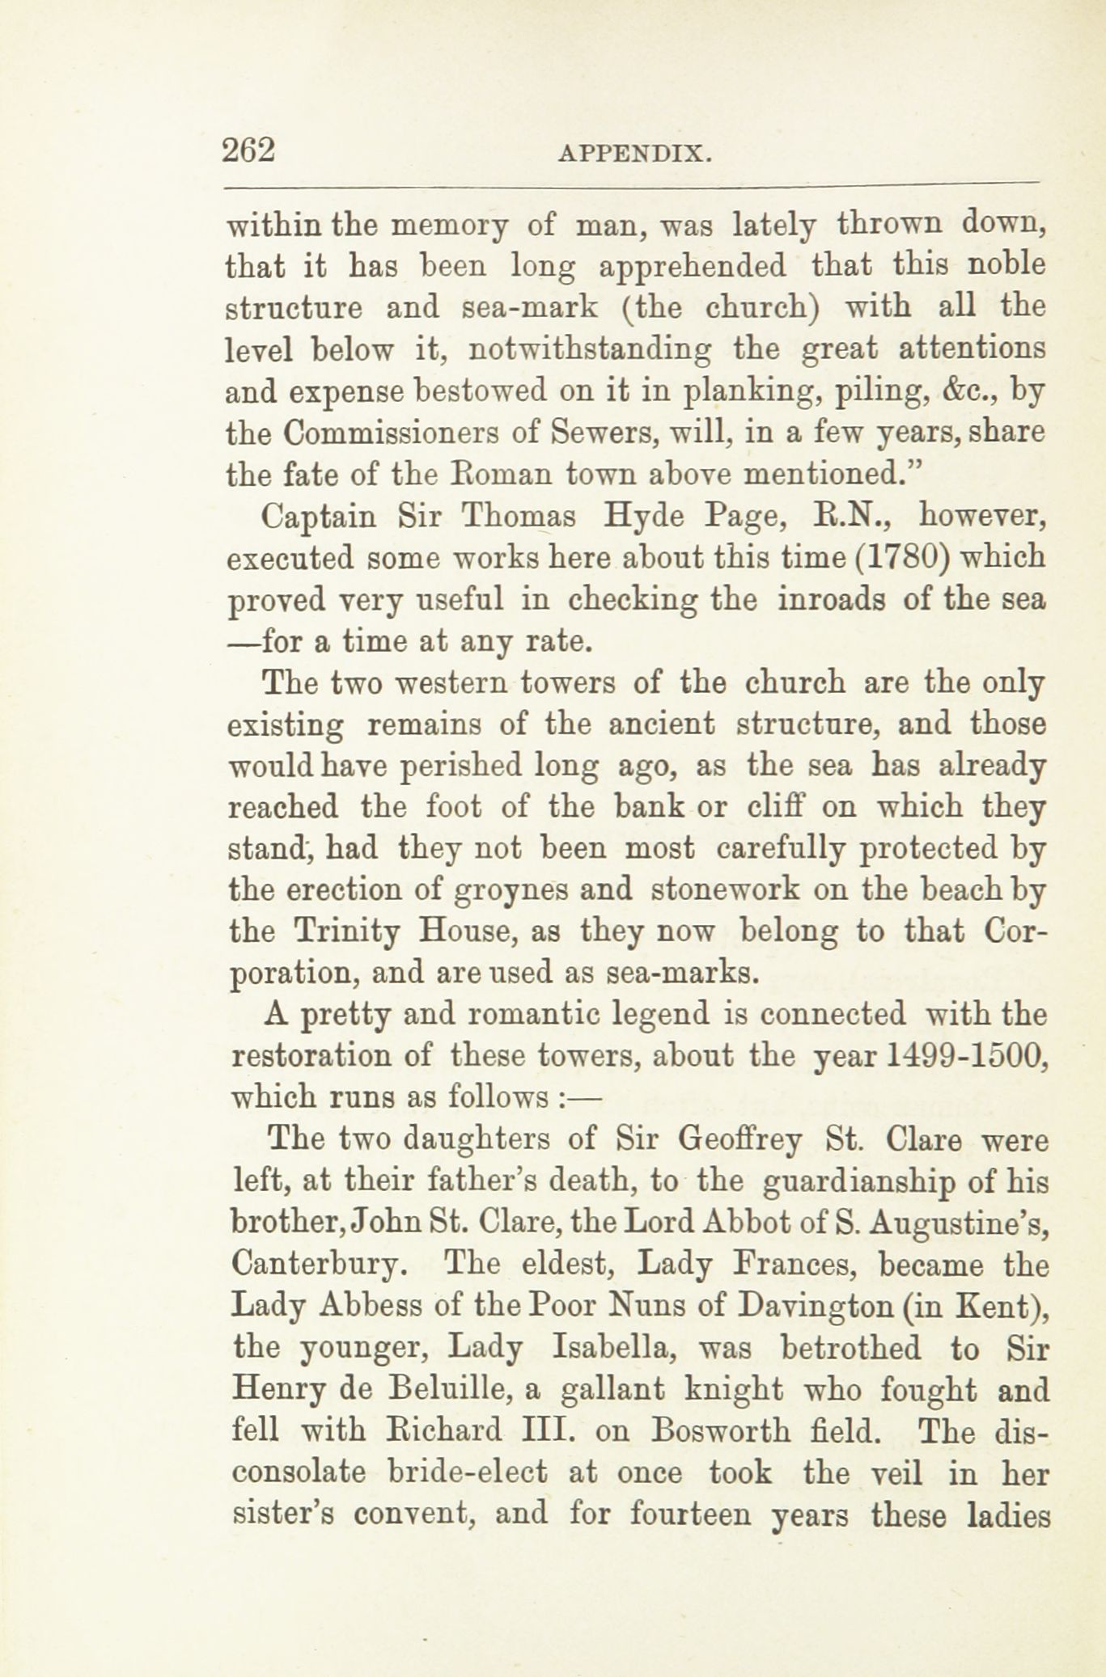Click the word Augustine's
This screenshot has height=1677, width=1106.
961,1223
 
